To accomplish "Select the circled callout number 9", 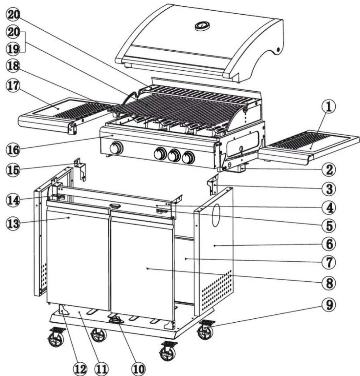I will point(328,304).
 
